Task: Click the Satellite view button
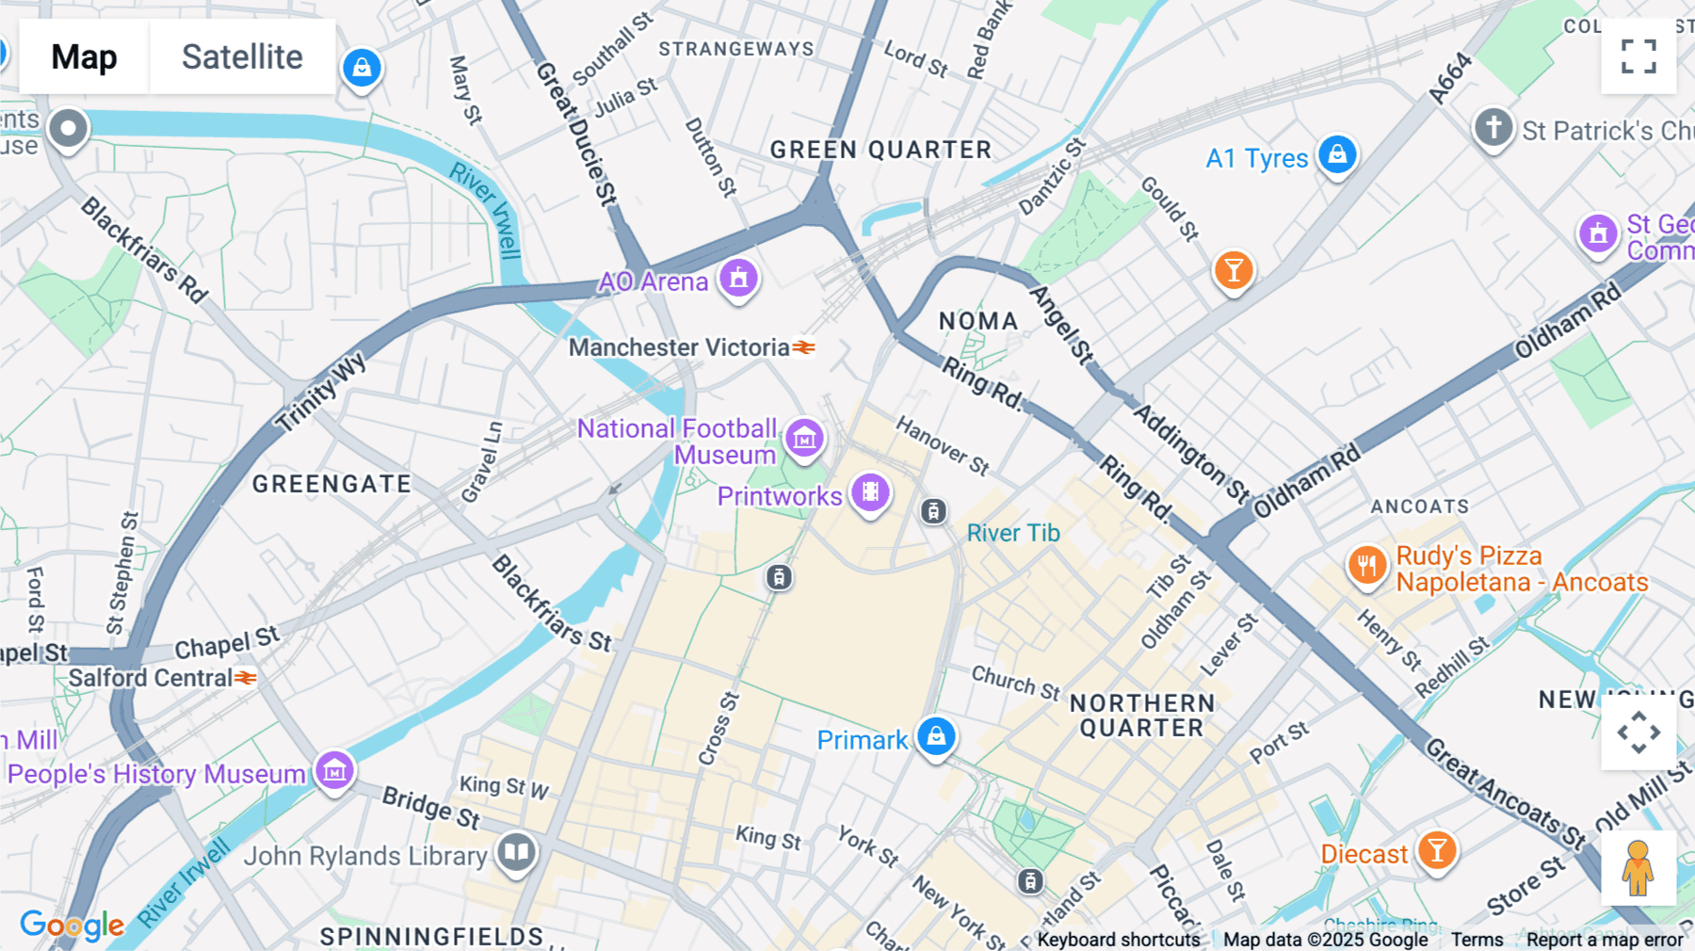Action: pos(242,57)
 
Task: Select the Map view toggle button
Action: pos(84,57)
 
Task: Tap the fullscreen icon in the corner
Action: pos(1638,56)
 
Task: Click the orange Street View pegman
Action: pos(1638,867)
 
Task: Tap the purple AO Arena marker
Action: pos(739,279)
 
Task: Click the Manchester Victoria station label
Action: pos(679,347)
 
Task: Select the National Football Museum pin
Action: pos(804,438)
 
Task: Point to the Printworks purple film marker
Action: pos(870,492)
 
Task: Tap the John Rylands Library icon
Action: pos(516,853)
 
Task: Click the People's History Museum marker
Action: pos(334,771)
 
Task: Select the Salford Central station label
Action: pos(151,678)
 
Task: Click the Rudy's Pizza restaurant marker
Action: pos(1366,565)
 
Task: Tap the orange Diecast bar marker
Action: pos(1437,851)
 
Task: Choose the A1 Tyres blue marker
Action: pos(1337,154)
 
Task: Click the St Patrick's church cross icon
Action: pos(1493,127)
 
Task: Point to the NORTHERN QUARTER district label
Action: pos(1141,716)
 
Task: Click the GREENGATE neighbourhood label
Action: pos(331,484)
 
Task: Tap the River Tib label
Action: pos(1013,533)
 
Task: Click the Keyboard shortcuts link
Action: pos(1118,940)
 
